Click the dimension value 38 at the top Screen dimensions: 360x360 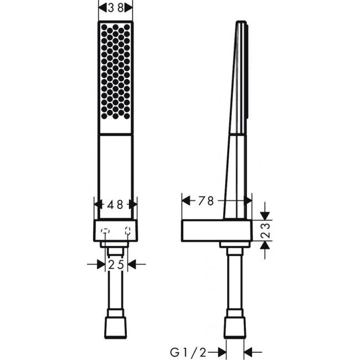pos(115,7)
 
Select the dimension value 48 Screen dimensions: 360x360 pos(115,204)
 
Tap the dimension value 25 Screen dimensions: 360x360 pos(116,265)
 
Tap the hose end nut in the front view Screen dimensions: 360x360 pos(115,328)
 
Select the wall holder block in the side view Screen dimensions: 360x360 pos(216,230)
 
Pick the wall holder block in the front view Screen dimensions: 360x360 pos(115,230)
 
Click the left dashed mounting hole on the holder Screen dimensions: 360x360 pos(105,231)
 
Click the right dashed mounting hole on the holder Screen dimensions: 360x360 pos(128,231)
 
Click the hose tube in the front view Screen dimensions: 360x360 pos(115,288)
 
